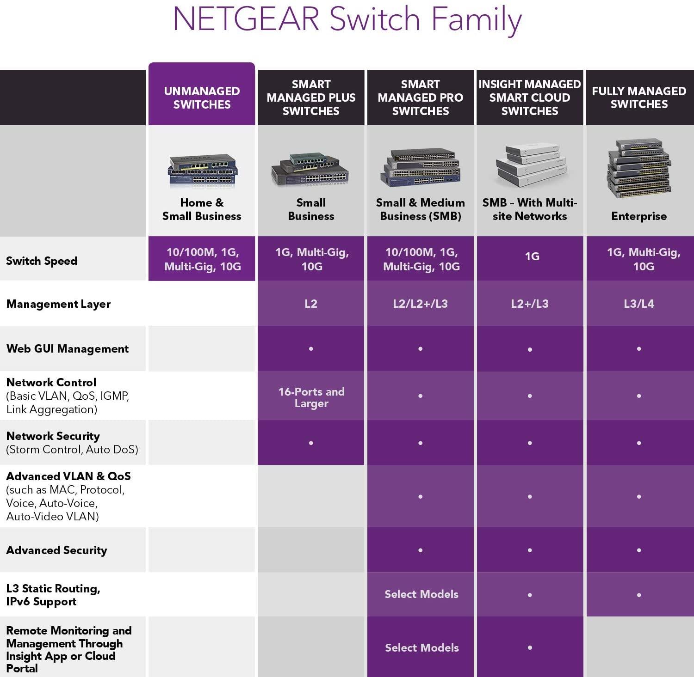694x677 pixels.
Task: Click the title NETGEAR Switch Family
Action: [347, 19]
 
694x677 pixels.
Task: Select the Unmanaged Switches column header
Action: [202, 98]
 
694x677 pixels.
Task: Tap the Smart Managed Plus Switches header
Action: [311, 98]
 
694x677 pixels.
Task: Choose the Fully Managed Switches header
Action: [639, 98]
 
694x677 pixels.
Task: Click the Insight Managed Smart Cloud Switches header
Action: [530, 98]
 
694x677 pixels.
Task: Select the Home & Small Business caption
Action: [202, 209]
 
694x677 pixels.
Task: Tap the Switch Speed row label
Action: [42, 261]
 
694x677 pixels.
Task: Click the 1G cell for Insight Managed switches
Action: [532, 256]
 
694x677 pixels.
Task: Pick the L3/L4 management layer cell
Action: [639, 304]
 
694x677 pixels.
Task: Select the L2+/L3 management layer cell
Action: [530, 304]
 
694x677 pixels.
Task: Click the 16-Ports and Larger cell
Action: [311, 397]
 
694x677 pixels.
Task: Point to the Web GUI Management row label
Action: [68, 349]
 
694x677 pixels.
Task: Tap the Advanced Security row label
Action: [56, 550]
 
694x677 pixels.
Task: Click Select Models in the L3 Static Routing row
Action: [421, 594]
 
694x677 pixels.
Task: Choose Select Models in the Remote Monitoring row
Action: [422, 648]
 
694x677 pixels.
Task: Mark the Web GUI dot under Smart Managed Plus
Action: [311, 348]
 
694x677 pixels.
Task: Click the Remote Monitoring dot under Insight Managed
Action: [530, 647]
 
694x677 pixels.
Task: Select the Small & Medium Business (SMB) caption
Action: [421, 209]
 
